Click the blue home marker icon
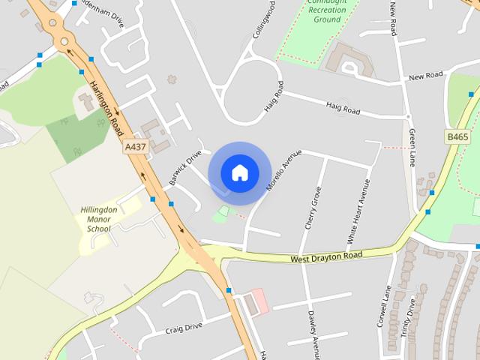239,172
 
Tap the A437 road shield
135,148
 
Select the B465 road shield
457,136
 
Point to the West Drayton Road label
326,257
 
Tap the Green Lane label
412,147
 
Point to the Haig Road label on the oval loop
274,97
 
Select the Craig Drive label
184,327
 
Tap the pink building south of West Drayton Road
259,301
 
